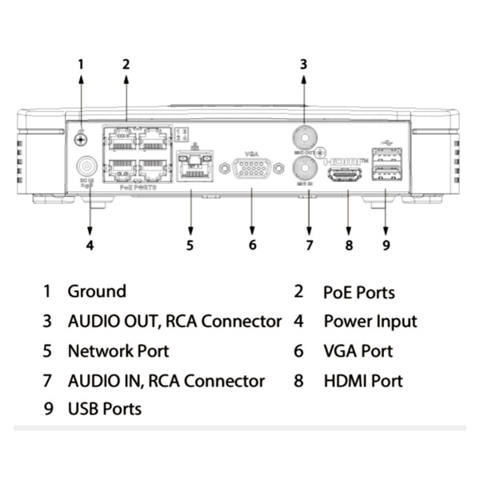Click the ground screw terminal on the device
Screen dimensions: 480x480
pyautogui.click(x=81, y=139)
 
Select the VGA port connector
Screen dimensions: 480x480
pyautogui.click(x=252, y=170)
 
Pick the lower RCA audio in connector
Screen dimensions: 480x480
pyautogui.click(x=306, y=167)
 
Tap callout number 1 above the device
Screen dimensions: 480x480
pyautogui.click(x=80, y=63)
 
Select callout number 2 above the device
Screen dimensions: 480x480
pyautogui.click(x=126, y=63)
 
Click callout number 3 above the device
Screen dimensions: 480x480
pyautogui.click(x=303, y=63)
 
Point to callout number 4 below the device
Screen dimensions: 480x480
pyautogui.click(x=90, y=245)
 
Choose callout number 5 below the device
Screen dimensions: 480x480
pyautogui.click(x=190, y=245)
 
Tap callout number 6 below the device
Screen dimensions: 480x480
pyautogui.click(x=252, y=245)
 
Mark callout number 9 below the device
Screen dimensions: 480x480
pyautogui.click(x=386, y=245)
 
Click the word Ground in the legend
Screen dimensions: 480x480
pyautogui.click(x=96, y=292)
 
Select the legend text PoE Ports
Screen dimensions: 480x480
pyautogui.click(x=358, y=293)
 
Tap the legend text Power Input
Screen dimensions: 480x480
pyautogui.click(x=370, y=322)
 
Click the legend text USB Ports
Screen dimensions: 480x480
pyautogui.click(x=104, y=409)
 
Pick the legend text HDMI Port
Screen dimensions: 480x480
pyautogui.click(x=362, y=381)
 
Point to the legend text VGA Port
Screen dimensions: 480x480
pyautogui.click(x=358, y=351)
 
